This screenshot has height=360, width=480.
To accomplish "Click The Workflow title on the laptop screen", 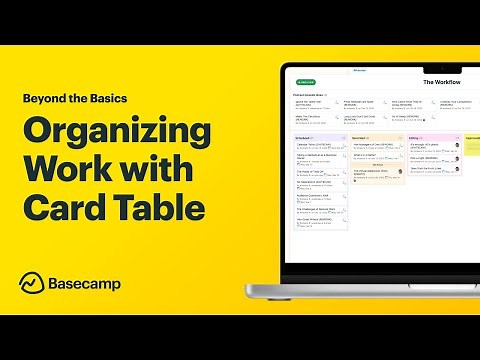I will (x=443, y=81).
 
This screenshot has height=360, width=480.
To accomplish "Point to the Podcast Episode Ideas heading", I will (x=316, y=93).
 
